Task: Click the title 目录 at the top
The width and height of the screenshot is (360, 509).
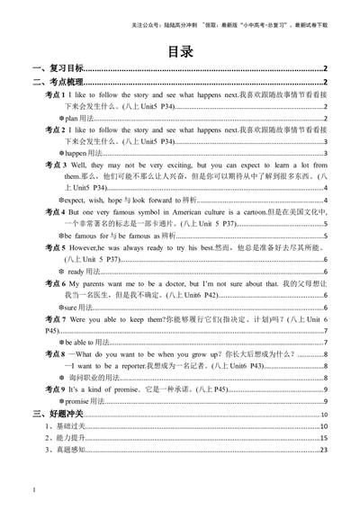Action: tap(180, 51)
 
